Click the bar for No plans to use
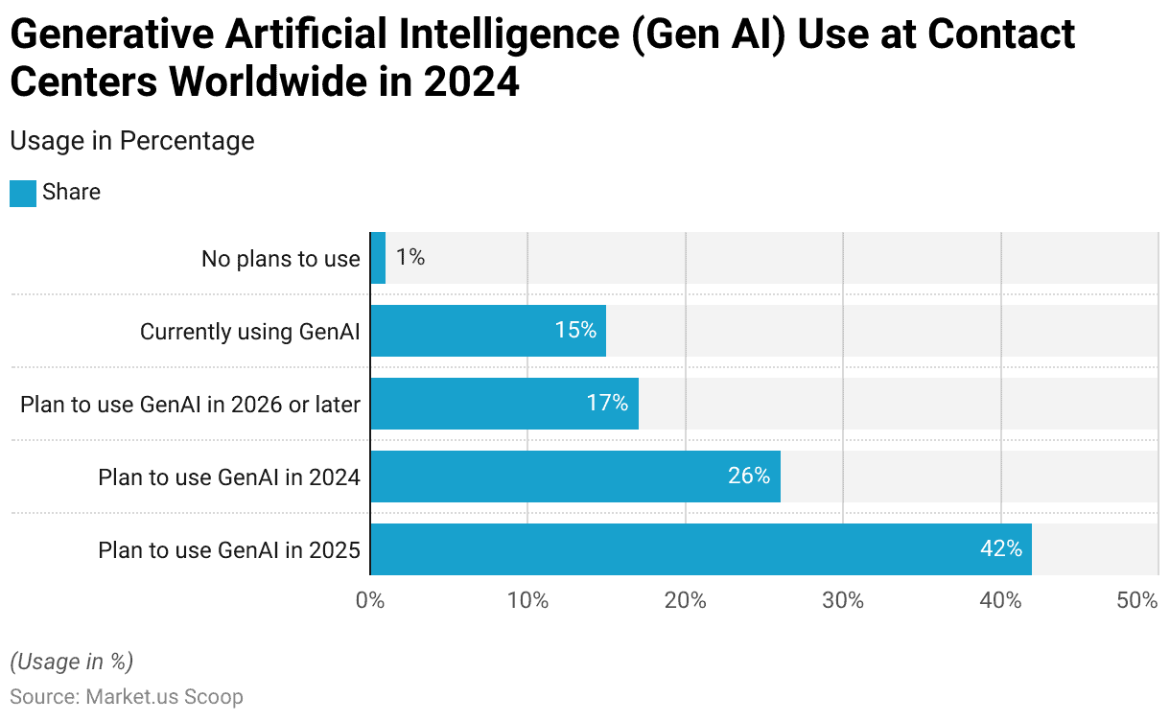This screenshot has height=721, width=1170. (x=378, y=258)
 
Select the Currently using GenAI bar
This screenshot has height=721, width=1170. (x=488, y=331)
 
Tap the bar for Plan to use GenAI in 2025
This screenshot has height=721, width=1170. (x=700, y=549)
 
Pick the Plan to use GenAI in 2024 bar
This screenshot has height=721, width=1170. (x=575, y=477)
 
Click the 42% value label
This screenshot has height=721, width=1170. (x=1000, y=549)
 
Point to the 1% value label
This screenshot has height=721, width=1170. (x=410, y=258)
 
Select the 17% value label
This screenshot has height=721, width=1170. (x=607, y=404)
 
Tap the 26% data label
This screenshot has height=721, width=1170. (x=749, y=477)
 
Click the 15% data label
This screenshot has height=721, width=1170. (x=575, y=331)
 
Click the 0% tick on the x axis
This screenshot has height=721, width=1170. (x=370, y=601)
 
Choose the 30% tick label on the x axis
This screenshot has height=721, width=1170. (x=843, y=601)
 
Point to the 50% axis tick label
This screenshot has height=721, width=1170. (x=1137, y=601)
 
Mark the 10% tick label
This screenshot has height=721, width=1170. (x=527, y=601)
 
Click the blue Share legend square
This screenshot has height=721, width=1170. (x=23, y=193)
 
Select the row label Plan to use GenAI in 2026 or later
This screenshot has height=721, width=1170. (x=190, y=405)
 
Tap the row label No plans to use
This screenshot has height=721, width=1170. (x=280, y=259)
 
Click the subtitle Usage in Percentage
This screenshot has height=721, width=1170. (x=131, y=141)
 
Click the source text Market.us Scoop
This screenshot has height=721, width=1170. (x=164, y=697)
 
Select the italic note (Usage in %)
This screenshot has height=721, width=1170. (x=71, y=662)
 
